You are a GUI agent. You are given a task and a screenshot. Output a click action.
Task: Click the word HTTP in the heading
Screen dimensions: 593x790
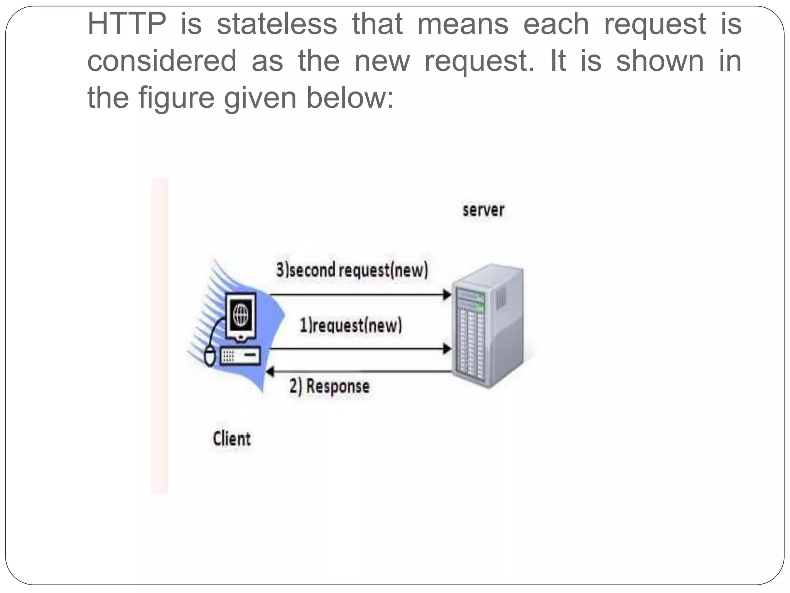[127, 24]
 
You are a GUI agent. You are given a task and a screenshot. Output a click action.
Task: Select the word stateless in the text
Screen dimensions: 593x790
[277, 24]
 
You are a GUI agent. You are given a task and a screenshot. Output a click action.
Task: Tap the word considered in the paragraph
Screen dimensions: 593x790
[162, 61]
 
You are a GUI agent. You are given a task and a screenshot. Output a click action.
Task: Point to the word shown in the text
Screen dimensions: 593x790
[660, 61]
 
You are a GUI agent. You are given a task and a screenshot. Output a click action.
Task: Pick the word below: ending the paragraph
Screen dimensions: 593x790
[350, 98]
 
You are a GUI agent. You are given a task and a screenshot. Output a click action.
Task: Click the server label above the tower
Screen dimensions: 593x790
[483, 210]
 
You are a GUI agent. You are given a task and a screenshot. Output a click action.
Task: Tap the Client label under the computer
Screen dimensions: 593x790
[232, 439]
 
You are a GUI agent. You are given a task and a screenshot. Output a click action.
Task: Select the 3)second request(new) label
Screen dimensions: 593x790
[352, 270]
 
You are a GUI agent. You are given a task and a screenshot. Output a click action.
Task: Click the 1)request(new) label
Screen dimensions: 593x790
[351, 325]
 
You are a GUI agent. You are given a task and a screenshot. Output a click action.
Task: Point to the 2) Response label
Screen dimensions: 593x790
[329, 386]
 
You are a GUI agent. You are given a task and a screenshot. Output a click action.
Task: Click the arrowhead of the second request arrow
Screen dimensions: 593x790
[447, 295]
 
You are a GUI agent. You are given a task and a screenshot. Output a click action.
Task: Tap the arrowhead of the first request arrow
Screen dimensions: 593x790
[447, 349]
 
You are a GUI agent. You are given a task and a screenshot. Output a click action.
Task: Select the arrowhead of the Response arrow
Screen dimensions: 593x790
[270, 372]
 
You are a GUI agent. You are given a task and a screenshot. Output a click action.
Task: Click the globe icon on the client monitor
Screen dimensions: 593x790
[241, 314]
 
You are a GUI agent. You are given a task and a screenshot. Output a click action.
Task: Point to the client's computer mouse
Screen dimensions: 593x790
[209, 356]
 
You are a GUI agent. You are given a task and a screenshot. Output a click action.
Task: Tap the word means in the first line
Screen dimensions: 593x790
[463, 24]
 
